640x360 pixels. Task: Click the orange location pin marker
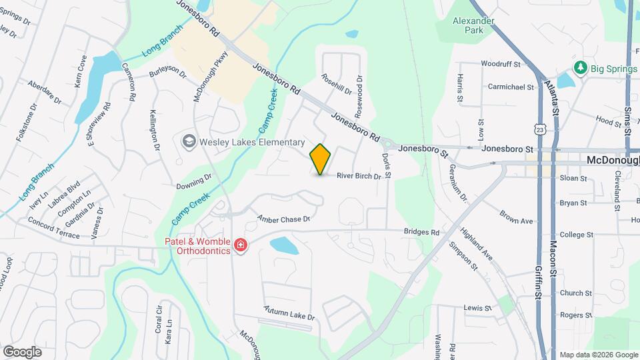point(321,159)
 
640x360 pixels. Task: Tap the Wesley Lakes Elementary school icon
point(189,141)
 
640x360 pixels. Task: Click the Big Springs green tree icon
point(581,68)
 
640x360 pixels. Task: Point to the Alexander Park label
point(473,25)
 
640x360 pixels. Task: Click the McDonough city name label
point(613,161)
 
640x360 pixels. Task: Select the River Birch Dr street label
point(359,177)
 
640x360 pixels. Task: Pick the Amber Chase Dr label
point(285,219)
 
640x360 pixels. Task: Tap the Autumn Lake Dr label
point(289,313)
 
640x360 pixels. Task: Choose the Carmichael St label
point(511,87)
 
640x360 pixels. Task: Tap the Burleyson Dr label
point(168,71)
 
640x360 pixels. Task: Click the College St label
point(577,235)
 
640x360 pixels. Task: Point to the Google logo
point(22,351)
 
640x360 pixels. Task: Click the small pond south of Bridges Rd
point(285,245)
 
